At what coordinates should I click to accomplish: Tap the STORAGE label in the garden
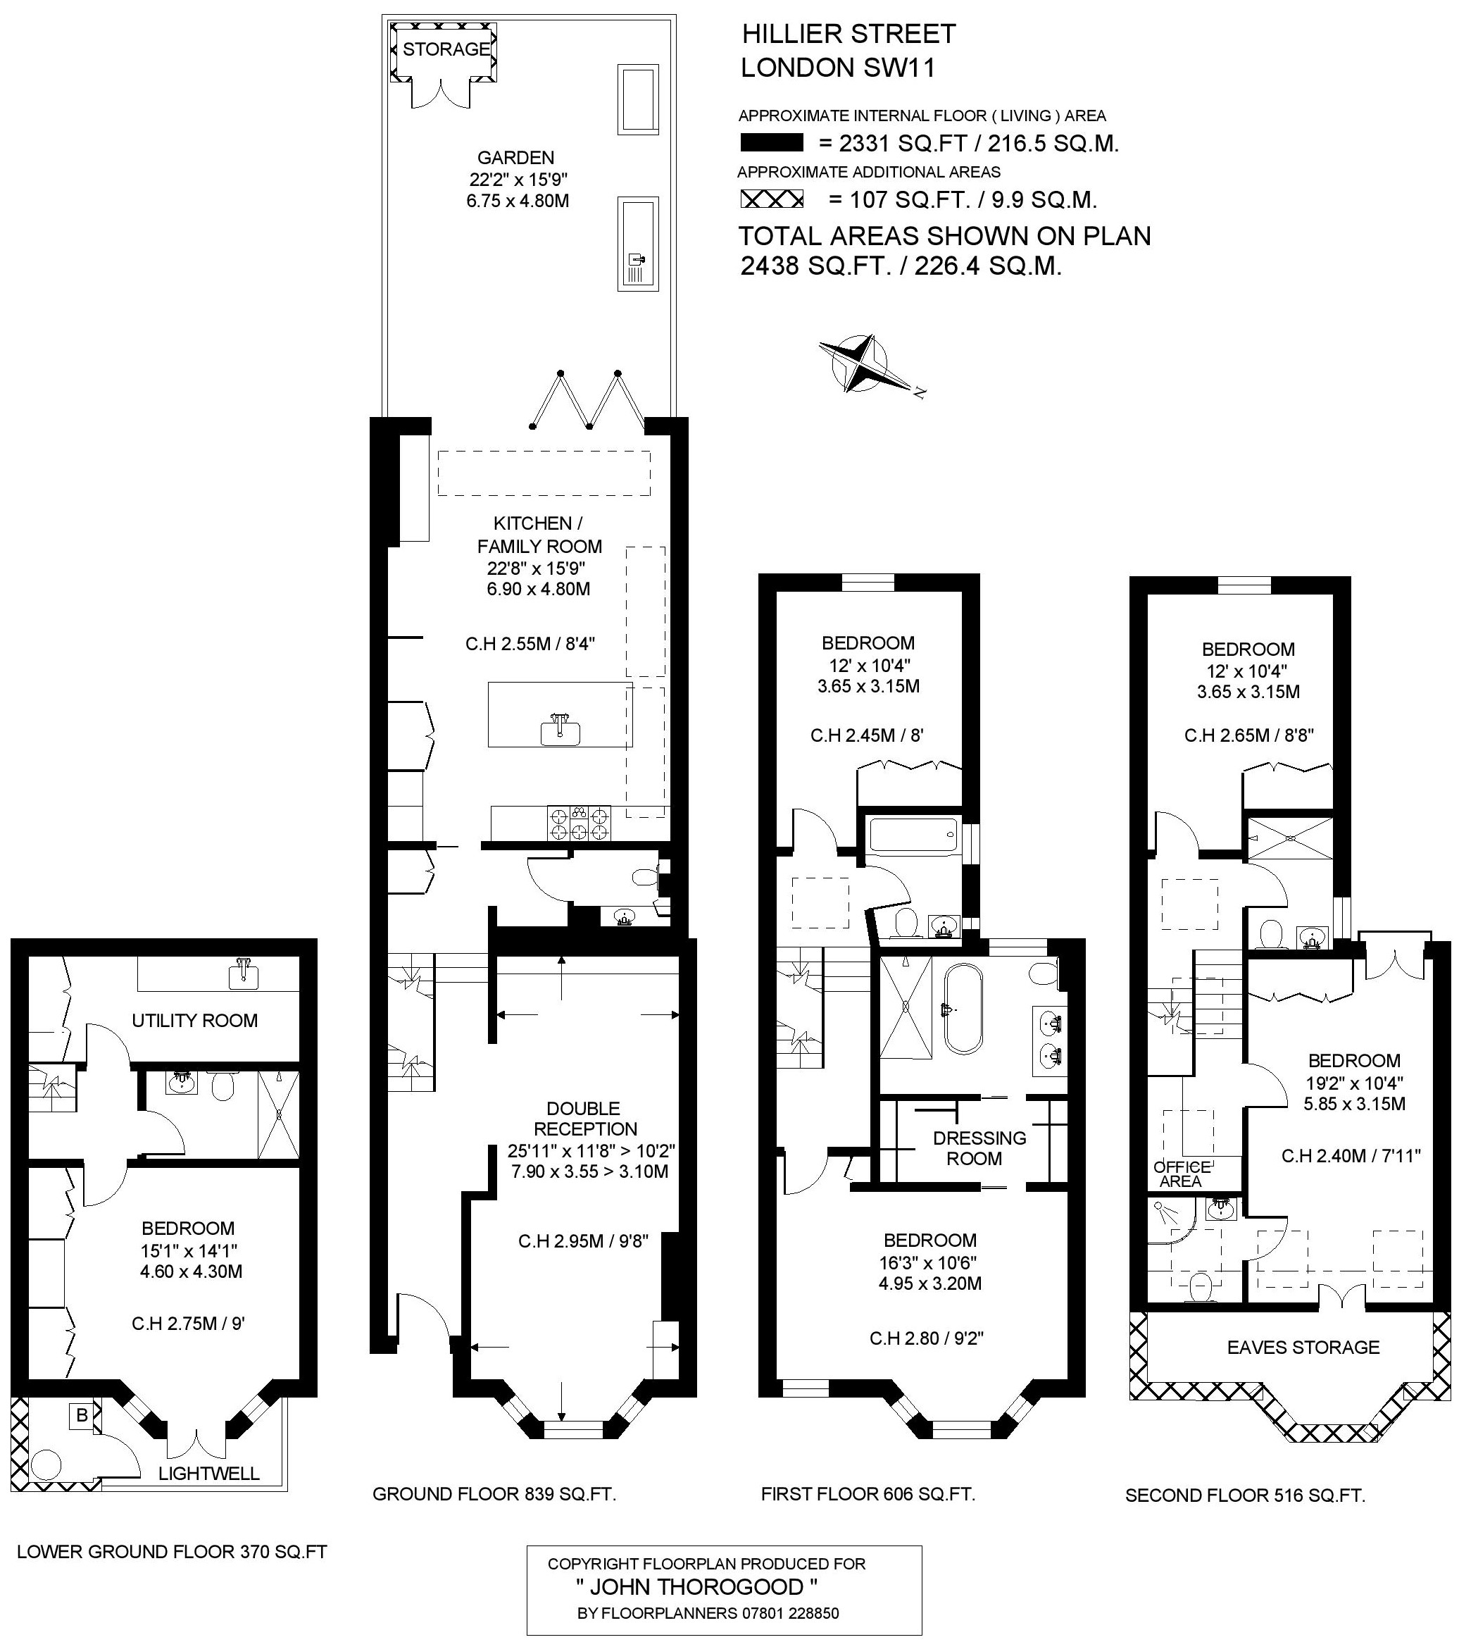(446, 49)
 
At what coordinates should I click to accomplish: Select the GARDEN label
(515, 158)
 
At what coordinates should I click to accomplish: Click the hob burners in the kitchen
(578, 823)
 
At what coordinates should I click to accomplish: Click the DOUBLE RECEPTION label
(584, 1118)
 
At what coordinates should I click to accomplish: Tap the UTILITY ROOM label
(194, 1020)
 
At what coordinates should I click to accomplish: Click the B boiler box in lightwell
(81, 1414)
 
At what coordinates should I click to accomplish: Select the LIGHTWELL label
(208, 1472)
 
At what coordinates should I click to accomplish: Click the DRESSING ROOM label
(979, 1148)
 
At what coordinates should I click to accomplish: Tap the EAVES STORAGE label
(1303, 1347)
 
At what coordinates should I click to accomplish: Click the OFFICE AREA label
(1181, 1174)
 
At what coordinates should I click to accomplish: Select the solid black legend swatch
(772, 143)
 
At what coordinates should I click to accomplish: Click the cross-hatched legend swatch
(772, 199)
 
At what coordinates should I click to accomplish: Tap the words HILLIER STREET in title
(849, 34)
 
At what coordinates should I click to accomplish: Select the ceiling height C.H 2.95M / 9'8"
(583, 1241)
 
